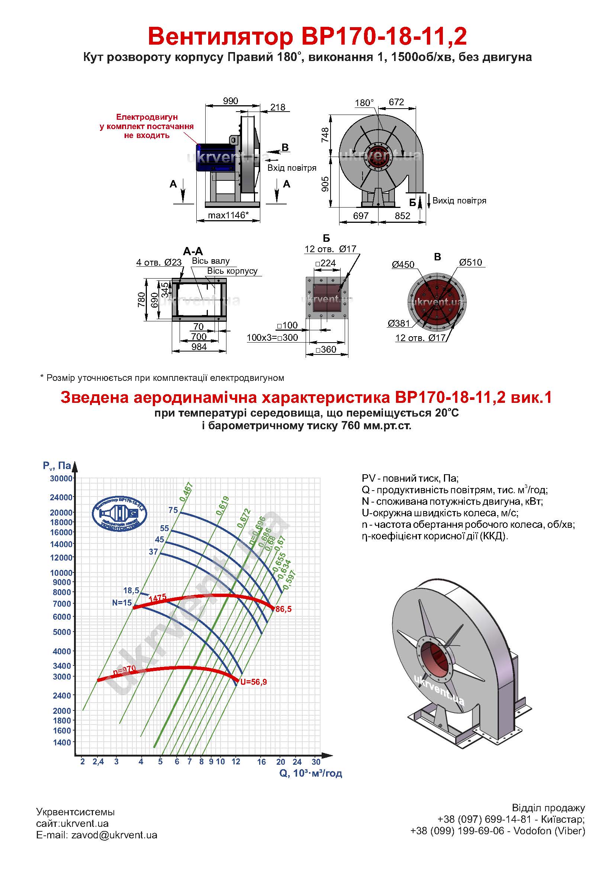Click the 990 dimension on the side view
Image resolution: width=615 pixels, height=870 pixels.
[x=230, y=101]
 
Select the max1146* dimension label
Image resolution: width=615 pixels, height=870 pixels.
[x=228, y=215]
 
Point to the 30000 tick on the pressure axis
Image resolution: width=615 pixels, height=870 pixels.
[x=61, y=479]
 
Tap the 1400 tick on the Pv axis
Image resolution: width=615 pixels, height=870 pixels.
[x=62, y=742]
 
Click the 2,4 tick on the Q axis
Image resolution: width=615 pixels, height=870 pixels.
[x=98, y=762]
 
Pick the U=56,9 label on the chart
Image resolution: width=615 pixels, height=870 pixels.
[x=253, y=682]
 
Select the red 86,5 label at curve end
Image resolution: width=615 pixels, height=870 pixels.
[x=284, y=609]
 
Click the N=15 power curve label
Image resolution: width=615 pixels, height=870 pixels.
[x=122, y=603]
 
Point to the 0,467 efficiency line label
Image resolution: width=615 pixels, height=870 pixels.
[x=187, y=492]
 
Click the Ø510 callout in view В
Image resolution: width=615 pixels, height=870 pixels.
[x=470, y=262]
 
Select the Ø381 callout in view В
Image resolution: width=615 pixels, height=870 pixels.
[x=399, y=323]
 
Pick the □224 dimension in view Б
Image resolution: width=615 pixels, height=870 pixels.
[x=326, y=263]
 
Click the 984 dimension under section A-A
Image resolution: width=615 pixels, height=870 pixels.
[x=199, y=347]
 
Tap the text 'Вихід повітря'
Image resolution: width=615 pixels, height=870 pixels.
[x=459, y=200]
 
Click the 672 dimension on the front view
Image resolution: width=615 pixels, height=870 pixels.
[x=396, y=102]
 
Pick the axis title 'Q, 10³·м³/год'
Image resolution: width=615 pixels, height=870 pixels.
[x=310, y=773]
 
